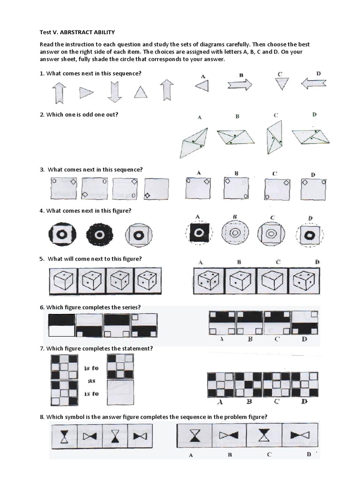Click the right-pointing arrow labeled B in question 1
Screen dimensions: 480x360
[x=240, y=84]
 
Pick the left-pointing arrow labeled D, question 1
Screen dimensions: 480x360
[x=314, y=83]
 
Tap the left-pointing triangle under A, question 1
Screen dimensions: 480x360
[x=202, y=85]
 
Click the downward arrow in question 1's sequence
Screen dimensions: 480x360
[x=114, y=91]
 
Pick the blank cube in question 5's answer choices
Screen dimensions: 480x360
[x=272, y=281]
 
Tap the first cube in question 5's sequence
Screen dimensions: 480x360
[x=63, y=281]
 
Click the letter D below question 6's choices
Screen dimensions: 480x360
[x=305, y=339]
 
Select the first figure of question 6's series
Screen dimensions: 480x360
[x=61, y=325]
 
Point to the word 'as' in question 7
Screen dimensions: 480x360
[x=92, y=381]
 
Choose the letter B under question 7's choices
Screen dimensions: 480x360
[x=249, y=401]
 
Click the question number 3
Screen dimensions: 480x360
[x=42, y=170]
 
